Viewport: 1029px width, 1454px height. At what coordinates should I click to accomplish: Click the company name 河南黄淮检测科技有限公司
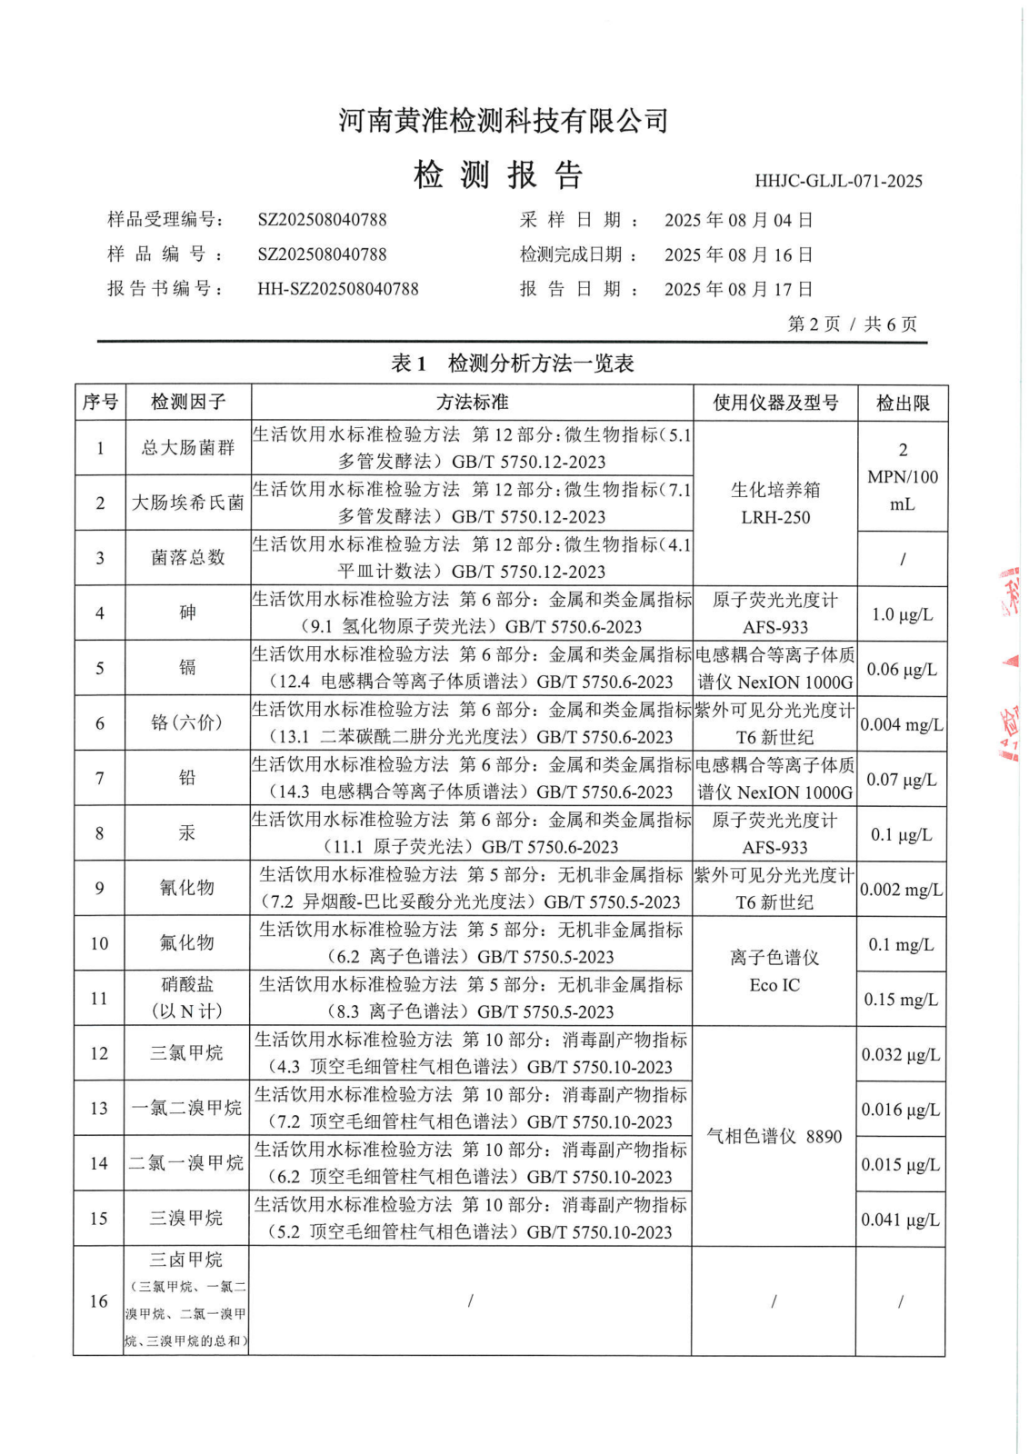[x=503, y=121]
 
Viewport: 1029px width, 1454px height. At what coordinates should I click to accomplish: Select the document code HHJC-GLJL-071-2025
[x=837, y=181]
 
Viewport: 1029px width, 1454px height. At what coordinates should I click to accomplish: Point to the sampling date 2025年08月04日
[x=738, y=220]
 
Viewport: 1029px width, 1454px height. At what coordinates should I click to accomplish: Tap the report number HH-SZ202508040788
[x=338, y=289]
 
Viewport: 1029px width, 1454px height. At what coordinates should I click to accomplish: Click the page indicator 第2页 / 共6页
[x=852, y=324]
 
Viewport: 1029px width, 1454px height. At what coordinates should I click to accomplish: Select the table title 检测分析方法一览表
[x=540, y=363]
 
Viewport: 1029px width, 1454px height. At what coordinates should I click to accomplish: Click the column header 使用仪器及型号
[x=774, y=403]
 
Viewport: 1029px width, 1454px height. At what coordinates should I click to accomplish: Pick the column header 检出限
[x=902, y=403]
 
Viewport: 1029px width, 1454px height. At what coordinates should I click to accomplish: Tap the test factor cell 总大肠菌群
[x=187, y=447]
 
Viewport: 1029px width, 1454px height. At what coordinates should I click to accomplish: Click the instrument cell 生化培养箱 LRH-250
[x=774, y=503]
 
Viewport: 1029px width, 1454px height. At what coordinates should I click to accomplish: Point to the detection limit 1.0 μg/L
[x=902, y=614]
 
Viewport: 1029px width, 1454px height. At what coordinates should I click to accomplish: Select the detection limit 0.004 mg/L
[x=902, y=724]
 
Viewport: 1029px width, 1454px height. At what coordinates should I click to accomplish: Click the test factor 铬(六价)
[x=187, y=722]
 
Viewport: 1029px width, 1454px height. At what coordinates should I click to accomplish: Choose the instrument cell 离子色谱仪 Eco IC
[x=774, y=971]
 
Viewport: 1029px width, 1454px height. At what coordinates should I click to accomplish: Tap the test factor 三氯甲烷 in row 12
[x=187, y=1053]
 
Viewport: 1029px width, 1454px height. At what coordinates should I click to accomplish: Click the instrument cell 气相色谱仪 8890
[x=774, y=1136]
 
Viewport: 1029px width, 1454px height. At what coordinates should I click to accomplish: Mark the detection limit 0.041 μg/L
[x=901, y=1220]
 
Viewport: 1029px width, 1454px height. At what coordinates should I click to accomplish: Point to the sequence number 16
[x=99, y=1301]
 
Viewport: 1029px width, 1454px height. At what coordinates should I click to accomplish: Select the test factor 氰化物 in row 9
[x=187, y=888]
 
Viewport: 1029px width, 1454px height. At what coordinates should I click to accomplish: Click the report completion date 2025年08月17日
[x=738, y=289]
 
